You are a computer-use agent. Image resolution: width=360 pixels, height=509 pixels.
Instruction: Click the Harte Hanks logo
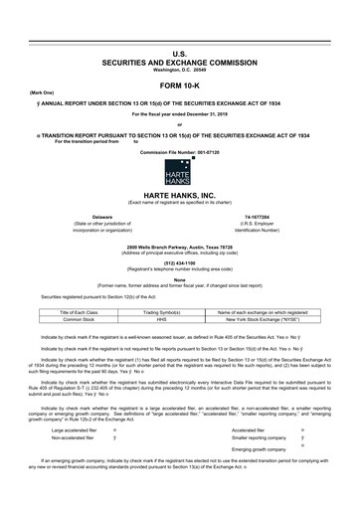(x=180, y=169)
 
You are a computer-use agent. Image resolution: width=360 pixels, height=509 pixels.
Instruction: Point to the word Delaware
(x=101, y=215)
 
